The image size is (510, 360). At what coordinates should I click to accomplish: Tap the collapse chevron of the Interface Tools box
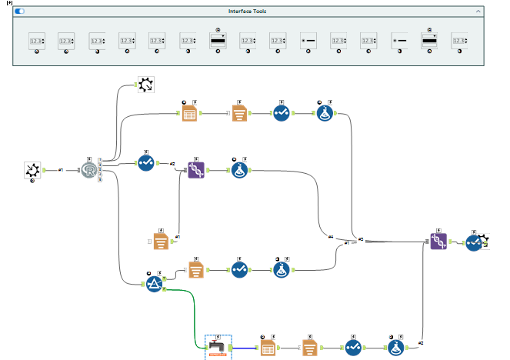[x=478, y=12]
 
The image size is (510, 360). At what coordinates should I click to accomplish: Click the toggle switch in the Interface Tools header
[x=19, y=12]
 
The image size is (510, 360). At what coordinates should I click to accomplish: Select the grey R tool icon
[x=91, y=170]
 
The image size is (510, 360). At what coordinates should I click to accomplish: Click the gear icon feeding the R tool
[x=32, y=170]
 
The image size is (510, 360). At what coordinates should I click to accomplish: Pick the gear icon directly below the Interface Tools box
[x=145, y=85]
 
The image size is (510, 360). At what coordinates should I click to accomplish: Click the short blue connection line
[x=244, y=348]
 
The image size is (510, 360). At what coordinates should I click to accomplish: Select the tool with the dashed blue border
[x=218, y=348]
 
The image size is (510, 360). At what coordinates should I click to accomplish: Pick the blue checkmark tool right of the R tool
[x=146, y=163]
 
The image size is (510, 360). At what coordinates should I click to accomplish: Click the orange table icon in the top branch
[x=190, y=114]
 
